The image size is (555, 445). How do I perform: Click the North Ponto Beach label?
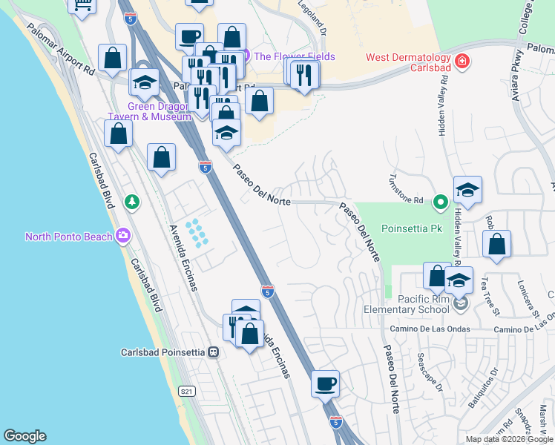coord(68,237)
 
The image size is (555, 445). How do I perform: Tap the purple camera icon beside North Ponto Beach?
coord(122,237)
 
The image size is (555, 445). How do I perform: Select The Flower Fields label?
coord(294,56)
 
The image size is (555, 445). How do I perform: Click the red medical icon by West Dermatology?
coord(462,60)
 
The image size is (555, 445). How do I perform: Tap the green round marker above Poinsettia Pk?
coord(441,200)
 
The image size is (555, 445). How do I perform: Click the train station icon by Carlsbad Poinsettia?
coord(213,352)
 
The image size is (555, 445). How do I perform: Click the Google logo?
coord(24,436)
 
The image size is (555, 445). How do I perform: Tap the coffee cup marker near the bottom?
coord(325,384)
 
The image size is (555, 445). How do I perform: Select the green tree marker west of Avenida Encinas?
coord(131,201)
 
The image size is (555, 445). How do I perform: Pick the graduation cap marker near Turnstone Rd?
coord(467,190)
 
